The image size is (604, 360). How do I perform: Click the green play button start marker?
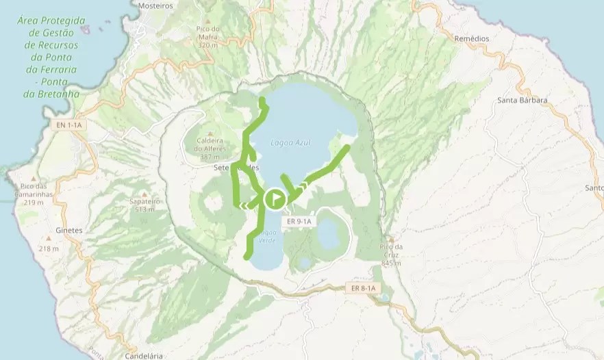click(x=275, y=199)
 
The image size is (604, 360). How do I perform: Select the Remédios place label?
click(x=472, y=39)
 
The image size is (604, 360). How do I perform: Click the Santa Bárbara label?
click(x=523, y=100)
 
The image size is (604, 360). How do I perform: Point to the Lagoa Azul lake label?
click(x=290, y=143)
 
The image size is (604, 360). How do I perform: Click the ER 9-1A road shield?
click(x=299, y=221)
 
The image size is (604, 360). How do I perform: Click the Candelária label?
click(x=144, y=356)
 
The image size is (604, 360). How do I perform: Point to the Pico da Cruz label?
click(x=390, y=254)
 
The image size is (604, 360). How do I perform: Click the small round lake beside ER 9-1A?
click(x=329, y=233)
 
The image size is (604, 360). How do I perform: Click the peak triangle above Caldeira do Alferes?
click(x=210, y=134)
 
